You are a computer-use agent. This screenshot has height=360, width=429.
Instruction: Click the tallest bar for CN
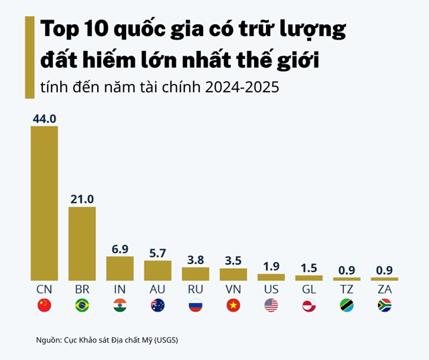[x=44, y=203]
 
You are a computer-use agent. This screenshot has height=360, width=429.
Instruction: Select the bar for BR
[x=82, y=243]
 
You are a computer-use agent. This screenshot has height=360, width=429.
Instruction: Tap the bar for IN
[x=120, y=268]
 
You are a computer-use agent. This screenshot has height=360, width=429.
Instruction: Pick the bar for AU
[x=158, y=270]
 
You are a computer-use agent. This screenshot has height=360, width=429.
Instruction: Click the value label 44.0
[x=44, y=119]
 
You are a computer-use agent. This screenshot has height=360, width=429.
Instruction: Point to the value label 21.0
[x=82, y=199]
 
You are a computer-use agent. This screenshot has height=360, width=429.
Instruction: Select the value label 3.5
[x=233, y=261]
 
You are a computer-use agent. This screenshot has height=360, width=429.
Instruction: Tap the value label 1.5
[x=309, y=268]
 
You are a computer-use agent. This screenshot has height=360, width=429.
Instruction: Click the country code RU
[x=195, y=289]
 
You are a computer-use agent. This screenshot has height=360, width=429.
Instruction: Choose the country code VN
[x=233, y=289]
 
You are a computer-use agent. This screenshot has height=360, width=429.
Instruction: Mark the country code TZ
[x=347, y=289]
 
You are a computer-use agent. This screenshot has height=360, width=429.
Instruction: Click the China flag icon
[x=44, y=306]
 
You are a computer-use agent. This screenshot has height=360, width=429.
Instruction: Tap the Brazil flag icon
[x=82, y=306]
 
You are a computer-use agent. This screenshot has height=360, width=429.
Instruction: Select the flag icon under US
[x=271, y=306]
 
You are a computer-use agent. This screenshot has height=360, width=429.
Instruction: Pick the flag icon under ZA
[x=384, y=306]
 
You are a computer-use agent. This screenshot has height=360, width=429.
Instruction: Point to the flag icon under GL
[x=309, y=306]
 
